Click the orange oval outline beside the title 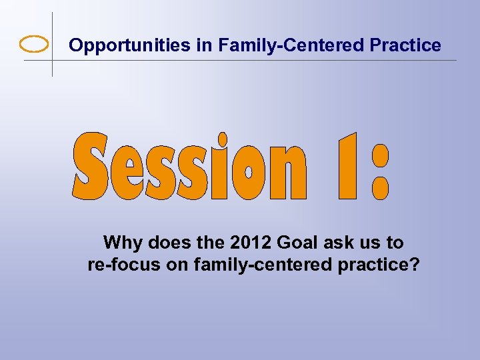pyautogui.click(x=34, y=44)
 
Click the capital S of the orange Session pyautogui.click(x=91, y=167)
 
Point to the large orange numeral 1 pyautogui.click(x=347, y=167)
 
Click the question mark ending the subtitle pyautogui.click(x=414, y=265)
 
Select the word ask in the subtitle pyautogui.click(x=331, y=243)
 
